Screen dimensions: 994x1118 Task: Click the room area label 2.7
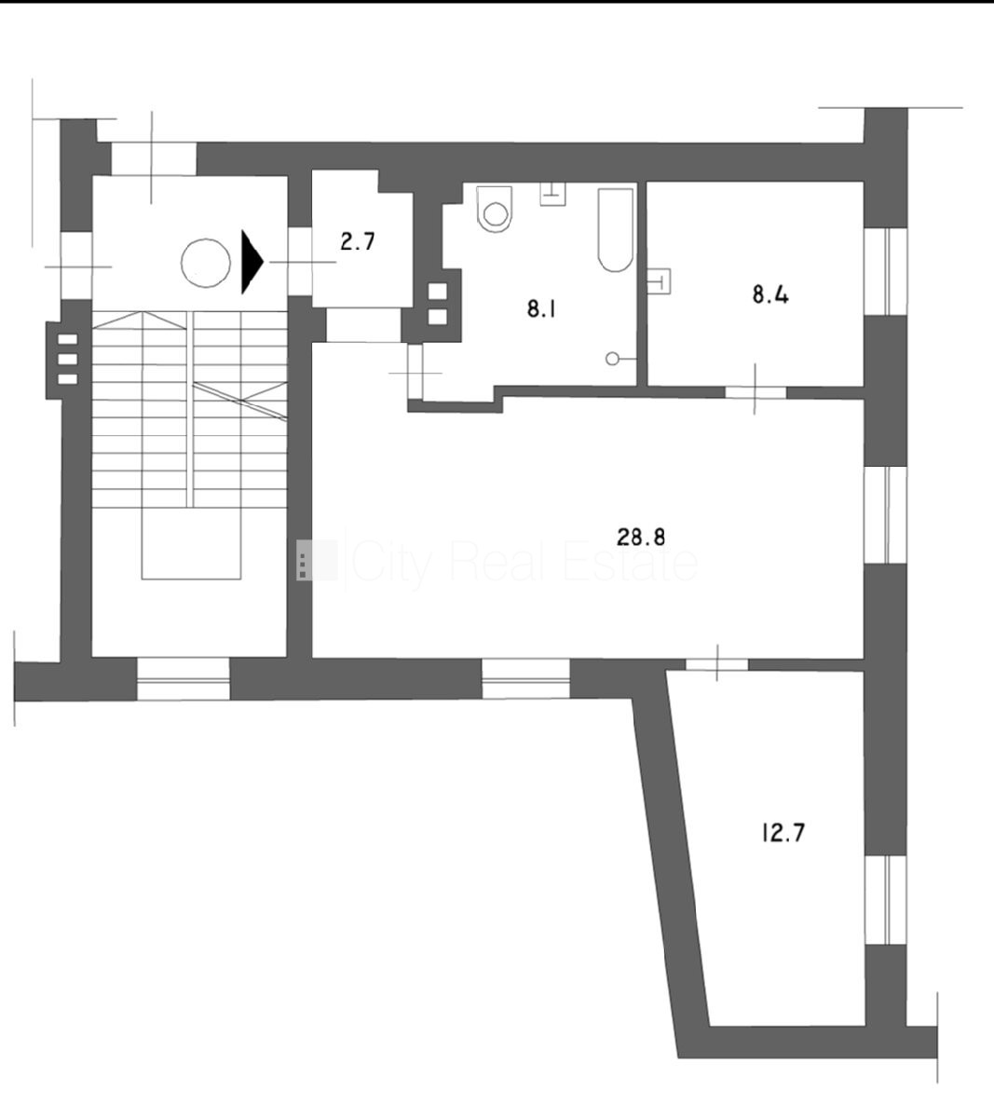tap(358, 241)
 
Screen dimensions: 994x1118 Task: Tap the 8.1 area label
tap(541, 309)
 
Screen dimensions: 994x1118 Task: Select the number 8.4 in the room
tap(770, 295)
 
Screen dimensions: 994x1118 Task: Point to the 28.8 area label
tap(641, 537)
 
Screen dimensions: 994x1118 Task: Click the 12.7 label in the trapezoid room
tap(783, 833)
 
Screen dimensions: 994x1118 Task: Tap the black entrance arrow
tap(252, 263)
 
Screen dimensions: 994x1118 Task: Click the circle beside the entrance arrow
tap(206, 264)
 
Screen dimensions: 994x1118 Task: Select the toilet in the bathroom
tap(495, 209)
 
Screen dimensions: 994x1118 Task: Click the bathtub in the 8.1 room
tap(616, 230)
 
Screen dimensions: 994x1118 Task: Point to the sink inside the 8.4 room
tap(660, 280)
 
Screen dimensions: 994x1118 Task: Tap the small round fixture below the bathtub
tap(612, 359)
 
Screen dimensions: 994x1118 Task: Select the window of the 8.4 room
tap(885, 271)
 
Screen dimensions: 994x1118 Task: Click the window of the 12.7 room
tap(885, 900)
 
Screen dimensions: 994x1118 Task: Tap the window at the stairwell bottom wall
tap(184, 679)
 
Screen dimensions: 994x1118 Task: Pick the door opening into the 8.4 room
tap(755, 392)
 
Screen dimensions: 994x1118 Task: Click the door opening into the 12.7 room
tap(717, 664)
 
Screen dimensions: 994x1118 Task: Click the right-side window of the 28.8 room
tap(885, 515)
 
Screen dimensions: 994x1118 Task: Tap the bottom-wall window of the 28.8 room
tap(525, 678)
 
